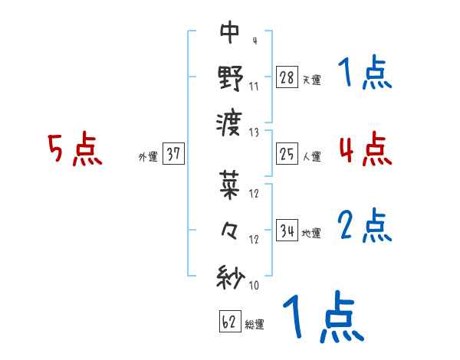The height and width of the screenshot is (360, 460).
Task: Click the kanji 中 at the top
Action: tap(230, 32)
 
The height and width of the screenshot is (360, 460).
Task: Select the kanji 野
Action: tap(230, 77)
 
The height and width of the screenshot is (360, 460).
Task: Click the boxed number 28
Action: tap(287, 77)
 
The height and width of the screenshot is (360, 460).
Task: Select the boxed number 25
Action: tap(287, 154)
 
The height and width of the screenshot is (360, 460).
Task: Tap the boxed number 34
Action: tap(287, 231)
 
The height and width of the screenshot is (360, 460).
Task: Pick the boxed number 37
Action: tap(173, 154)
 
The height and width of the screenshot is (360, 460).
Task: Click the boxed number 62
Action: tap(229, 322)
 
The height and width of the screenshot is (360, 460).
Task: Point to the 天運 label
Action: tap(311, 80)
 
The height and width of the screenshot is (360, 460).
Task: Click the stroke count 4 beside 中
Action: tap(254, 40)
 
